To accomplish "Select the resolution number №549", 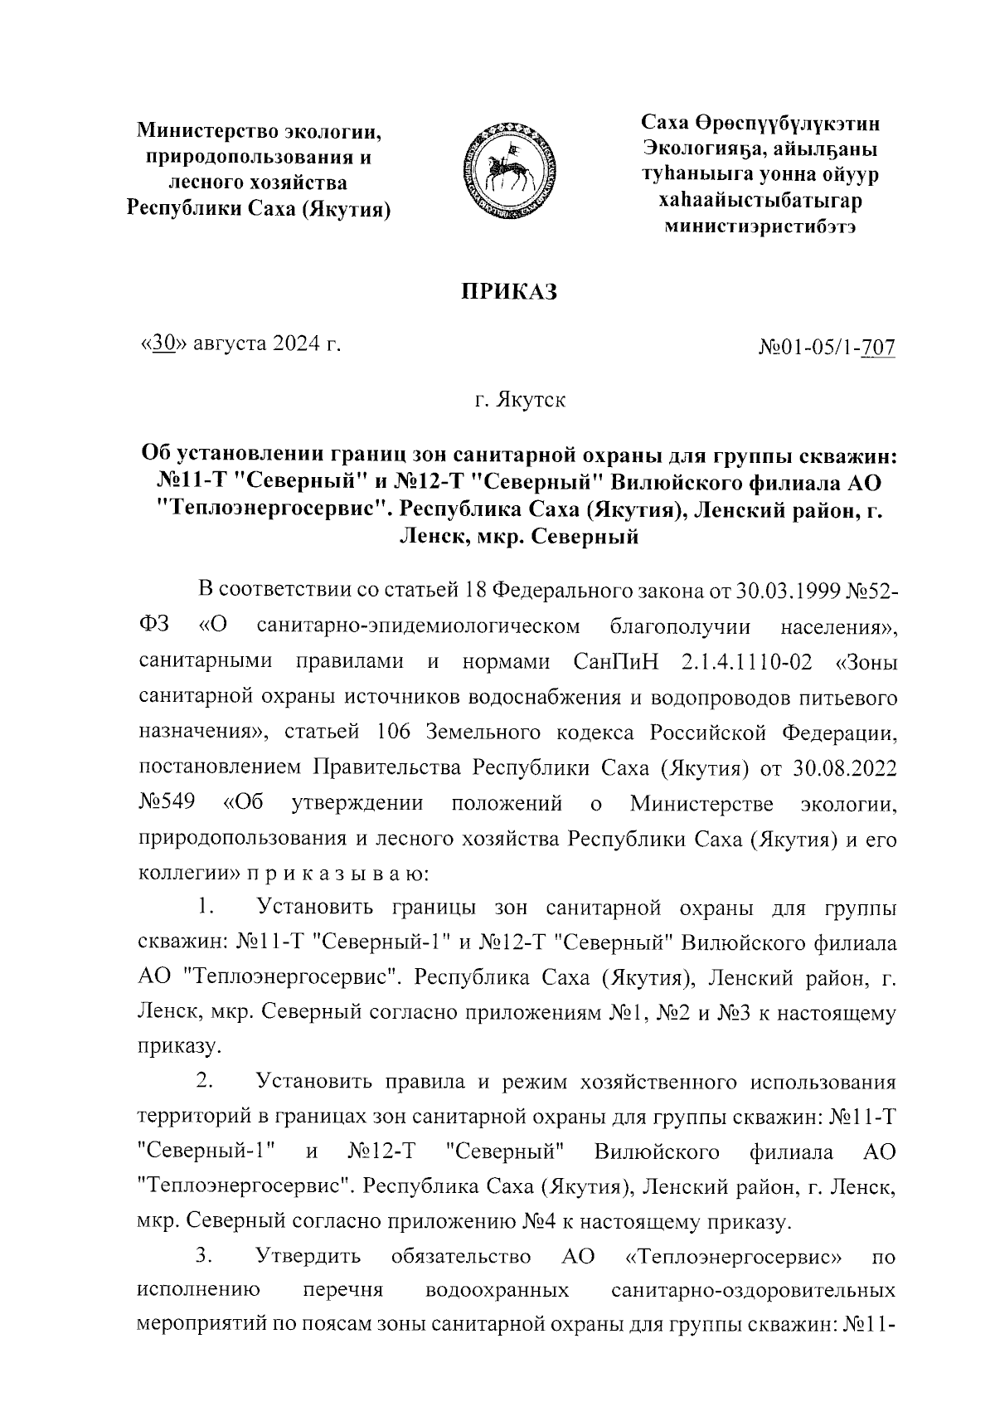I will click(x=167, y=804).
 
